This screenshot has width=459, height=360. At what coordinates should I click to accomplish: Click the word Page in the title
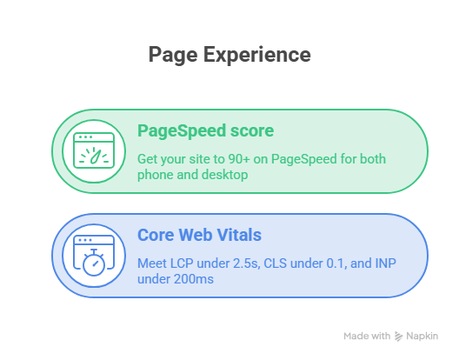[173, 55]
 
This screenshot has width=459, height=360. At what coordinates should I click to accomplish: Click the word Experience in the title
[257, 55]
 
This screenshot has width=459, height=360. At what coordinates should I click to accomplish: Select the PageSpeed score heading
[205, 131]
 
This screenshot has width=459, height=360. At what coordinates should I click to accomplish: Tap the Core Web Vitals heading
[199, 235]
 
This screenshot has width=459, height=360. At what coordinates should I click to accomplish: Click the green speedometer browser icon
[94, 150]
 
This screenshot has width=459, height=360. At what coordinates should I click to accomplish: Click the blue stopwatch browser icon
[94, 256]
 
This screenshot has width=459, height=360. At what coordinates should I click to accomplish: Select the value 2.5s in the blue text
[246, 263]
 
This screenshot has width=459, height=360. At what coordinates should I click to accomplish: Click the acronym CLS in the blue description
[276, 263]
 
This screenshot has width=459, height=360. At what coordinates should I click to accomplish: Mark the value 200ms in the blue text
[194, 279]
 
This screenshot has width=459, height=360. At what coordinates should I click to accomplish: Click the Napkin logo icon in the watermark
[398, 337]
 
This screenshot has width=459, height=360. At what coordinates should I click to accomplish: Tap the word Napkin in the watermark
[422, 337]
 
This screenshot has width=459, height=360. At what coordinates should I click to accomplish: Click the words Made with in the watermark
[367, 336]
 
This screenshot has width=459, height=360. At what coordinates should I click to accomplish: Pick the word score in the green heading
[252, 131]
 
